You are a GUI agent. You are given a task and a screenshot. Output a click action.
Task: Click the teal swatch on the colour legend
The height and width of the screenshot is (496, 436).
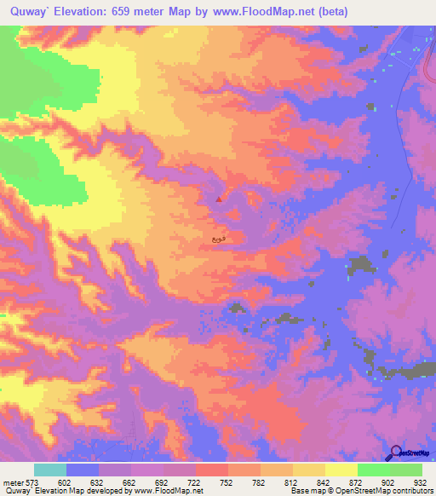50,470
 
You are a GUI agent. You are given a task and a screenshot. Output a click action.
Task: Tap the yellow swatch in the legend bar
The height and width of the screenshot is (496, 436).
341,470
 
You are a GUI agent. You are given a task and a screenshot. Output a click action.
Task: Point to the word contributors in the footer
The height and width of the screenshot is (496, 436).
413,491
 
